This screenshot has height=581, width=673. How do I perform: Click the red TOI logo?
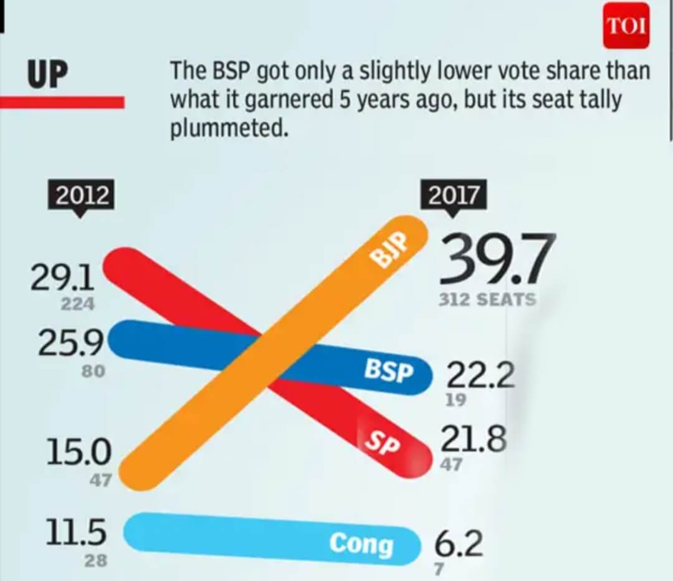[626, 27]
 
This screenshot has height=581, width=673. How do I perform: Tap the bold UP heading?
[47, 75]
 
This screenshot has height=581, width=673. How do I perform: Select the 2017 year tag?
[453, 196]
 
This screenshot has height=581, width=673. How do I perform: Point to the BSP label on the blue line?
[388, 372]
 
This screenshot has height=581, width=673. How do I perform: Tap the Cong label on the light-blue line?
[361, 544]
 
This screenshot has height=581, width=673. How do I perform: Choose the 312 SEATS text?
[487, 300]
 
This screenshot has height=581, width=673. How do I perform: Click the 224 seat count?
[77, 305]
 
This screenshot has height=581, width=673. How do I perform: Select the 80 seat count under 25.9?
[93, 371]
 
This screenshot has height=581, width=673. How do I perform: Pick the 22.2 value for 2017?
[480, 376]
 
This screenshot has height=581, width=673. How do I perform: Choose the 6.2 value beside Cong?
[458, 545]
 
